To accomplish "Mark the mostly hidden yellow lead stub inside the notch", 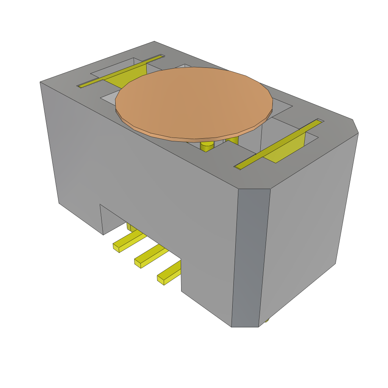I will coord(129,227).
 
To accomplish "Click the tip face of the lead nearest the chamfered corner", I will coord(161,280).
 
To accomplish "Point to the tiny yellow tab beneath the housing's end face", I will coord(267,320).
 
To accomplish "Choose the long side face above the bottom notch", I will coord(144,171).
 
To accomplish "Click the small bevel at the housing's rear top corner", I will coord(355,126).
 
